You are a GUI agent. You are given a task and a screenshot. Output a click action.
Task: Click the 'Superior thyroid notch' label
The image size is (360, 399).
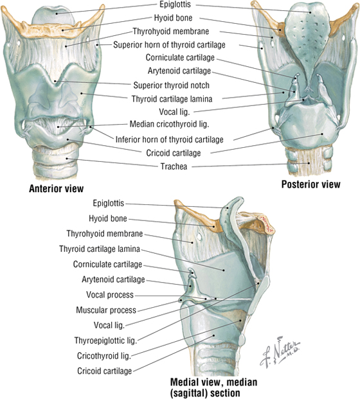(172, 85)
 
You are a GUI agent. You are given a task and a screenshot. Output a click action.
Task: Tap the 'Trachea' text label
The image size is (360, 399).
(174, 166)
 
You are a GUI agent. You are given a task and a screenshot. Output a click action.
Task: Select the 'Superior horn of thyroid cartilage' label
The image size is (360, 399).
(169, 45)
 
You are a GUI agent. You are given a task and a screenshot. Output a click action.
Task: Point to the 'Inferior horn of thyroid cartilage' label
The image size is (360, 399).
(169, 139)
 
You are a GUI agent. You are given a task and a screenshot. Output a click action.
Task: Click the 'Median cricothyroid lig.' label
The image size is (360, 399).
(169, 124)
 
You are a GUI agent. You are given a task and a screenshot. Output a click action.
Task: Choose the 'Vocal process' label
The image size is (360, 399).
(110, 295)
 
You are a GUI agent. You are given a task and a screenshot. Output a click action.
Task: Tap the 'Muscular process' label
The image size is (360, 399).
(106, 310)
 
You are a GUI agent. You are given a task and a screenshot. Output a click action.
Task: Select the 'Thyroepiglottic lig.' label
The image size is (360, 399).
(105, 341)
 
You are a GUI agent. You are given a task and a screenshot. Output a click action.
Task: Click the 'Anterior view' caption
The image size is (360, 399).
(57, 188)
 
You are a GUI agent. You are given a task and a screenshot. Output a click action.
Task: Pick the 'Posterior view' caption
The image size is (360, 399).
(310, 184)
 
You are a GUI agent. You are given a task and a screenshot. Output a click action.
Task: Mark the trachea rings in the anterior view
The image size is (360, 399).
(55, 161)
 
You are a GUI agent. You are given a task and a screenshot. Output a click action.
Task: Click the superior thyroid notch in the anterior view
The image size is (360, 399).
(55, 81)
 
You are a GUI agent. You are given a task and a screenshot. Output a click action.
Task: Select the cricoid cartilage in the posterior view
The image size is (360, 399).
(310, 127)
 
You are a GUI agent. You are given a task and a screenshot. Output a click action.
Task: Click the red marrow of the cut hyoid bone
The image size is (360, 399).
(266, 224)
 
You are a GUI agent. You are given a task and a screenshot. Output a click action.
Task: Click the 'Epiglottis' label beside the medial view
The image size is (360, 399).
(109, 203)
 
